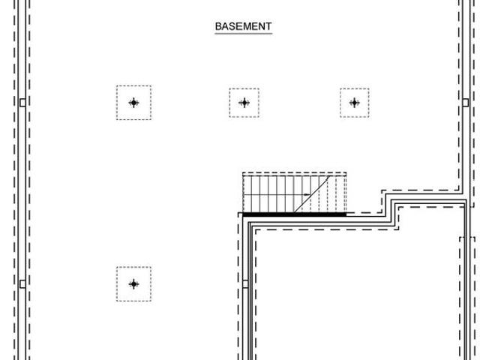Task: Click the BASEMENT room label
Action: coord(243,26)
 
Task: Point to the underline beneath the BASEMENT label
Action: coord(243,33)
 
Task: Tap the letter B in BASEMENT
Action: coord(218,26)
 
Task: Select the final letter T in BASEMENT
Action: coord(268,26)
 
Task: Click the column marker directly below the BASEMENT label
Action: coord(244,103)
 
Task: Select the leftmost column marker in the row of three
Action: coord(133,103)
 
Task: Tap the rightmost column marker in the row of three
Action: coord(355,103)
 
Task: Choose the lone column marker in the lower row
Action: coord(133,284)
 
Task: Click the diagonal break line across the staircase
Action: coord(312,194)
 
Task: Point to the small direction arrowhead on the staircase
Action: coord(307,195)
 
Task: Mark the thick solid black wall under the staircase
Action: coord(295,214)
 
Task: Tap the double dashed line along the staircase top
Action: coord(295,174)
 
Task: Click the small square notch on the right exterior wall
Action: coord(466,103)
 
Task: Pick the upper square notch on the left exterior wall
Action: coord(22,103)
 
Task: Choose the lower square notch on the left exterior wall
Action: coord(22,284)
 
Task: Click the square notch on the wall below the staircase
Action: coord(245,284)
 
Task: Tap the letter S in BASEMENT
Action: coord(232,26)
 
